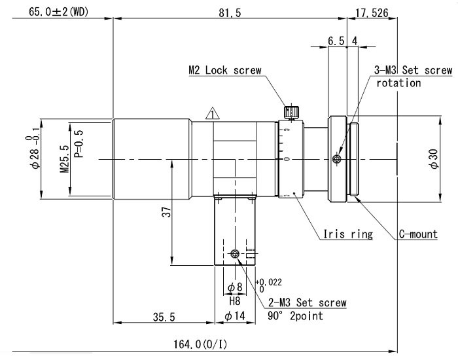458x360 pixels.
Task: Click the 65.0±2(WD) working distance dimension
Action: [57, 12]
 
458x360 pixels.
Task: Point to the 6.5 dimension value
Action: [336, 41]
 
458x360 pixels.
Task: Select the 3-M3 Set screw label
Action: [412, 70]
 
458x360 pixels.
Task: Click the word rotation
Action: [398, 83]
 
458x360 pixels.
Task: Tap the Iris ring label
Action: [348, 234]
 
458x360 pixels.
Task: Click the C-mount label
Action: [418, 234]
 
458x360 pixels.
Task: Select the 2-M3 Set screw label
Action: [307, 302]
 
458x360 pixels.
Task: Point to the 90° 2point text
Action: [295, 315]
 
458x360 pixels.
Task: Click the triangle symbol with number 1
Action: [211, 114]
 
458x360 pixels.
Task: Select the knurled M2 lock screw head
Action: [292, 110]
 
